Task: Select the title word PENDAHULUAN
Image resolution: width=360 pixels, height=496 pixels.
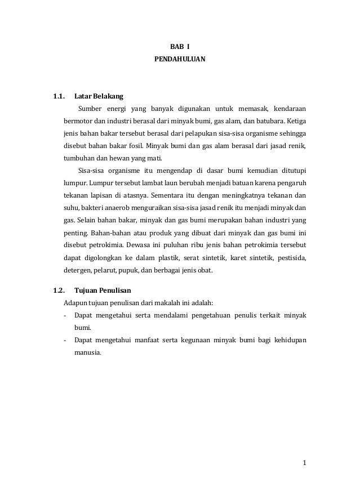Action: [180, 58]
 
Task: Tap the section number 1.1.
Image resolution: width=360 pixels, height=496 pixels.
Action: [58, 95]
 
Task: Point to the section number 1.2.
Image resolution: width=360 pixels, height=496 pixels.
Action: [58, 291]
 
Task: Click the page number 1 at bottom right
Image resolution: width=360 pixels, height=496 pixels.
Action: [304, 463]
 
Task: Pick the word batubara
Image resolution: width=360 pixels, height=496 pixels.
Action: [268, 120]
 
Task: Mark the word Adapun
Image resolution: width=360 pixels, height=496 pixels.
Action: [76, 303]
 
